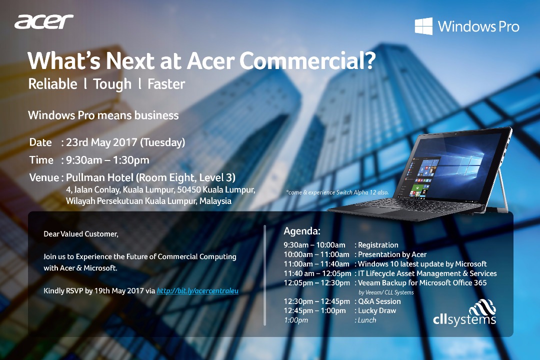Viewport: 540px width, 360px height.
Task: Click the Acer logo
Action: pyautogui.click(x=43, y=21)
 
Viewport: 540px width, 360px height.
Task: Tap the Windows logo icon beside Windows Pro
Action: pyautogui.click(x=423, y=26)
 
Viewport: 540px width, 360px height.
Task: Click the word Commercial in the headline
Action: pyautogui.click(x=307, y=61)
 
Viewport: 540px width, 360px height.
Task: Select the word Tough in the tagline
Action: pyautogui.click(x=112, y=84)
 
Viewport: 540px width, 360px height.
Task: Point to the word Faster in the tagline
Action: pyautogui.click(x=166, y=84)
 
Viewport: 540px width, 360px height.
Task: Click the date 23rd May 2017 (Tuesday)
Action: pyautogui.click(x=125, y=142)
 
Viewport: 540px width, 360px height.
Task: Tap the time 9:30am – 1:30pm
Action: pyautogui.click(x=107, y=160)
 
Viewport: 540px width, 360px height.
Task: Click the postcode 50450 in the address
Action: pyautogui.click(x=188, y=189)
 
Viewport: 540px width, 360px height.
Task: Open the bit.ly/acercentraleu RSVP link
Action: pyautogui.click(x=197, y=291)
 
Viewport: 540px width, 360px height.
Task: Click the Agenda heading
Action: pyautogui.click(x=302, y=231)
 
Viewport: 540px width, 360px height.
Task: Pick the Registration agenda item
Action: pyautogui.click(x=378, y=245)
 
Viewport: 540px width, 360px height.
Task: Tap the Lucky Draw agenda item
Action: pyautogui.click(x=377, y=310)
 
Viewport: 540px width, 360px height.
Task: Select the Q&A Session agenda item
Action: pyautogui.click(x=379, y=301)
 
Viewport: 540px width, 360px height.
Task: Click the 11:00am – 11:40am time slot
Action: pyautogui.click(x=316, y=264)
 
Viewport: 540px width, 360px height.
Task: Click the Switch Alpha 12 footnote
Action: pyautogui.click(x=337, y=192)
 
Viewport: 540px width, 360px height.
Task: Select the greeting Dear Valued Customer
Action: pyautogui.click(x=81, y=234)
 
